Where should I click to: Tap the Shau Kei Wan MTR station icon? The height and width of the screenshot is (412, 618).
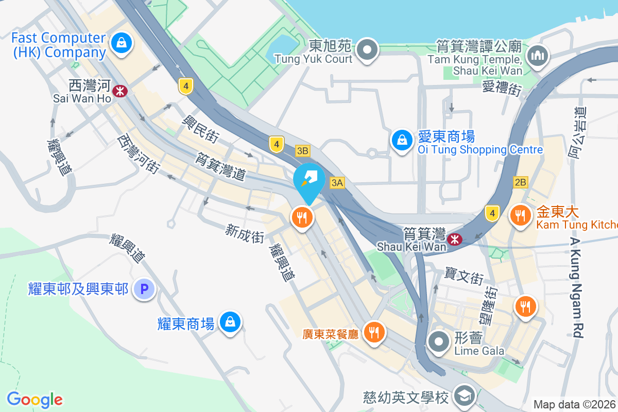[454, 239]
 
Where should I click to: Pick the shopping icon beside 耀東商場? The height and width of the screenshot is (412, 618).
[230, 322]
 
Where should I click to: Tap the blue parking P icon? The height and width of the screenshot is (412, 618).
[144, 289]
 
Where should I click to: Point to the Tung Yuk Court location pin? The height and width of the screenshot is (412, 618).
[367, 50]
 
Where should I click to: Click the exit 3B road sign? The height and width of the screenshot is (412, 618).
[303, 151]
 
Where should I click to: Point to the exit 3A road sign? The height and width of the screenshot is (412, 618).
[337, 182]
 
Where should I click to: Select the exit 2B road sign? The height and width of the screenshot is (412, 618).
[520, 182]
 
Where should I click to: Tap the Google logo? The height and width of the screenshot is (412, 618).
[35, 400]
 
